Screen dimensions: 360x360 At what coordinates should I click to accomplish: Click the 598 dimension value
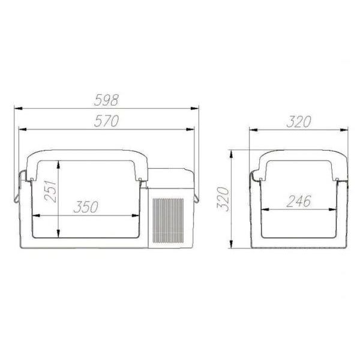(106, 100)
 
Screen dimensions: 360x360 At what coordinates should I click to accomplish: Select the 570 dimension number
(106, 121)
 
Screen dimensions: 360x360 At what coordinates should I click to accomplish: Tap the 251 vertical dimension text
(50, 191)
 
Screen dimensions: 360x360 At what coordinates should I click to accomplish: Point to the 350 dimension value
(86, 206)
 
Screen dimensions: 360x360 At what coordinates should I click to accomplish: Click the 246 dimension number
(299, 201)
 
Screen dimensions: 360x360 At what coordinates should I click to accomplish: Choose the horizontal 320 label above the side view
(299, 121)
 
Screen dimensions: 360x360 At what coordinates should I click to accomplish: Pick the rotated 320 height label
(223, 199)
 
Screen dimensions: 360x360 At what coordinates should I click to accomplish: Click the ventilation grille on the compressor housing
(168, 221)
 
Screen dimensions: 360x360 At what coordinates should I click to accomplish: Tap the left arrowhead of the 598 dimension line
(19, 108)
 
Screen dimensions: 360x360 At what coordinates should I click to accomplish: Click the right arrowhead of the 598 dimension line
(194, 108)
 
